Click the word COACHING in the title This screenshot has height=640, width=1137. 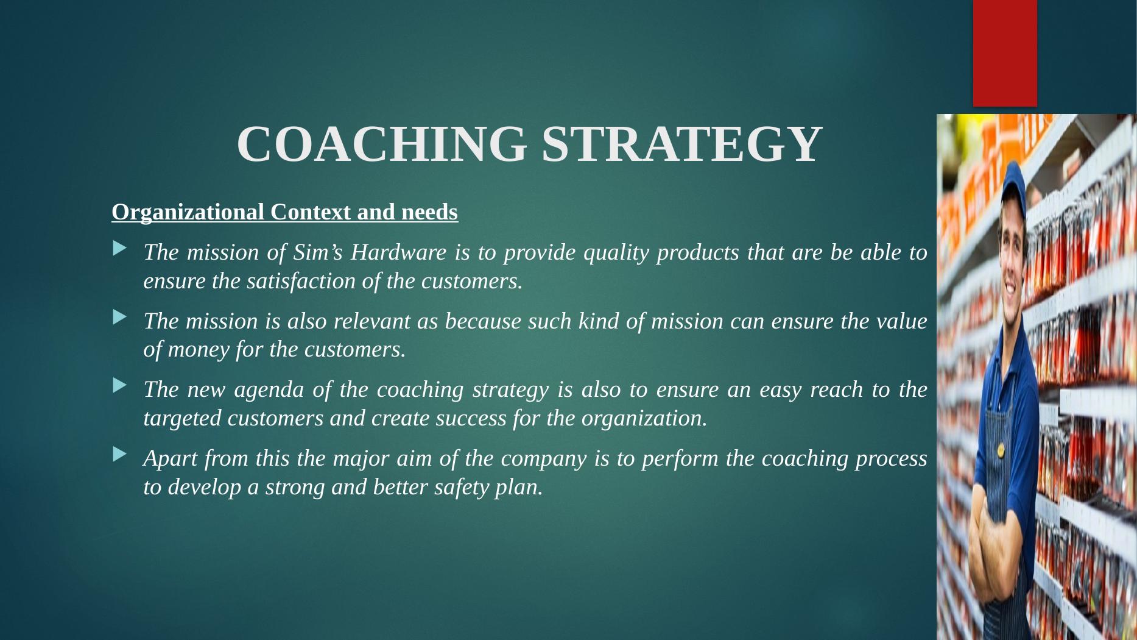[x=382, y=144]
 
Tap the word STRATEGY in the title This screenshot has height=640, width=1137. [x=682, y=144]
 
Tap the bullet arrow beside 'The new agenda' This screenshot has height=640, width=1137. [x=120, y=385]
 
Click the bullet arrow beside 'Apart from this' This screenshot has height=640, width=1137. [x=120, y=454]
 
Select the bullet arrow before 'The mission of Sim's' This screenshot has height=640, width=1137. [x=120, y=248]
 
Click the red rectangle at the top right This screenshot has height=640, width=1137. [x=1005, y=53]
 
